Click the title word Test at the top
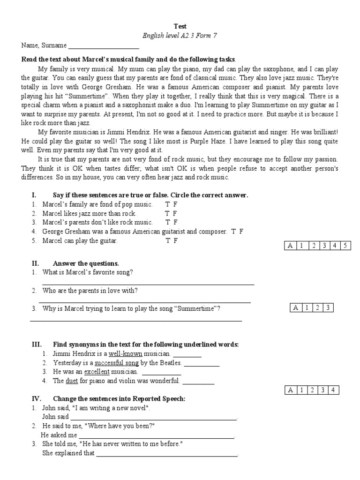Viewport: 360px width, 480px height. point(180,27)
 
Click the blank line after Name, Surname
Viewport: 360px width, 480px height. point(104,46)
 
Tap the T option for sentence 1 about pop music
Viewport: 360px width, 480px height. point(167,204)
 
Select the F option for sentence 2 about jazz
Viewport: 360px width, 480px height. point(175,213)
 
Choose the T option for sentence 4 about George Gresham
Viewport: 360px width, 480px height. point(233,232)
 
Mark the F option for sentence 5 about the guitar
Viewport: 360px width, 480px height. point(175,240)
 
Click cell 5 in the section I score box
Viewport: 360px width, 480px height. point(345,246)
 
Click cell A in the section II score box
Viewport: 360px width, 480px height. point(295,308)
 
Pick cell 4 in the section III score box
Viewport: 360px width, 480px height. point(333,390)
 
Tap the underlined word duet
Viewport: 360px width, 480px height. point(72,381)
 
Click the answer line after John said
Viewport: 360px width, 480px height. point(154,418)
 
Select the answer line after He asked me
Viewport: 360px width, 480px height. point(157,436)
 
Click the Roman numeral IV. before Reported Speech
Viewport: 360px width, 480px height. point(37,398)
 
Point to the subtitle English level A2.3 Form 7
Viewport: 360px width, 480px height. point(180,36)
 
